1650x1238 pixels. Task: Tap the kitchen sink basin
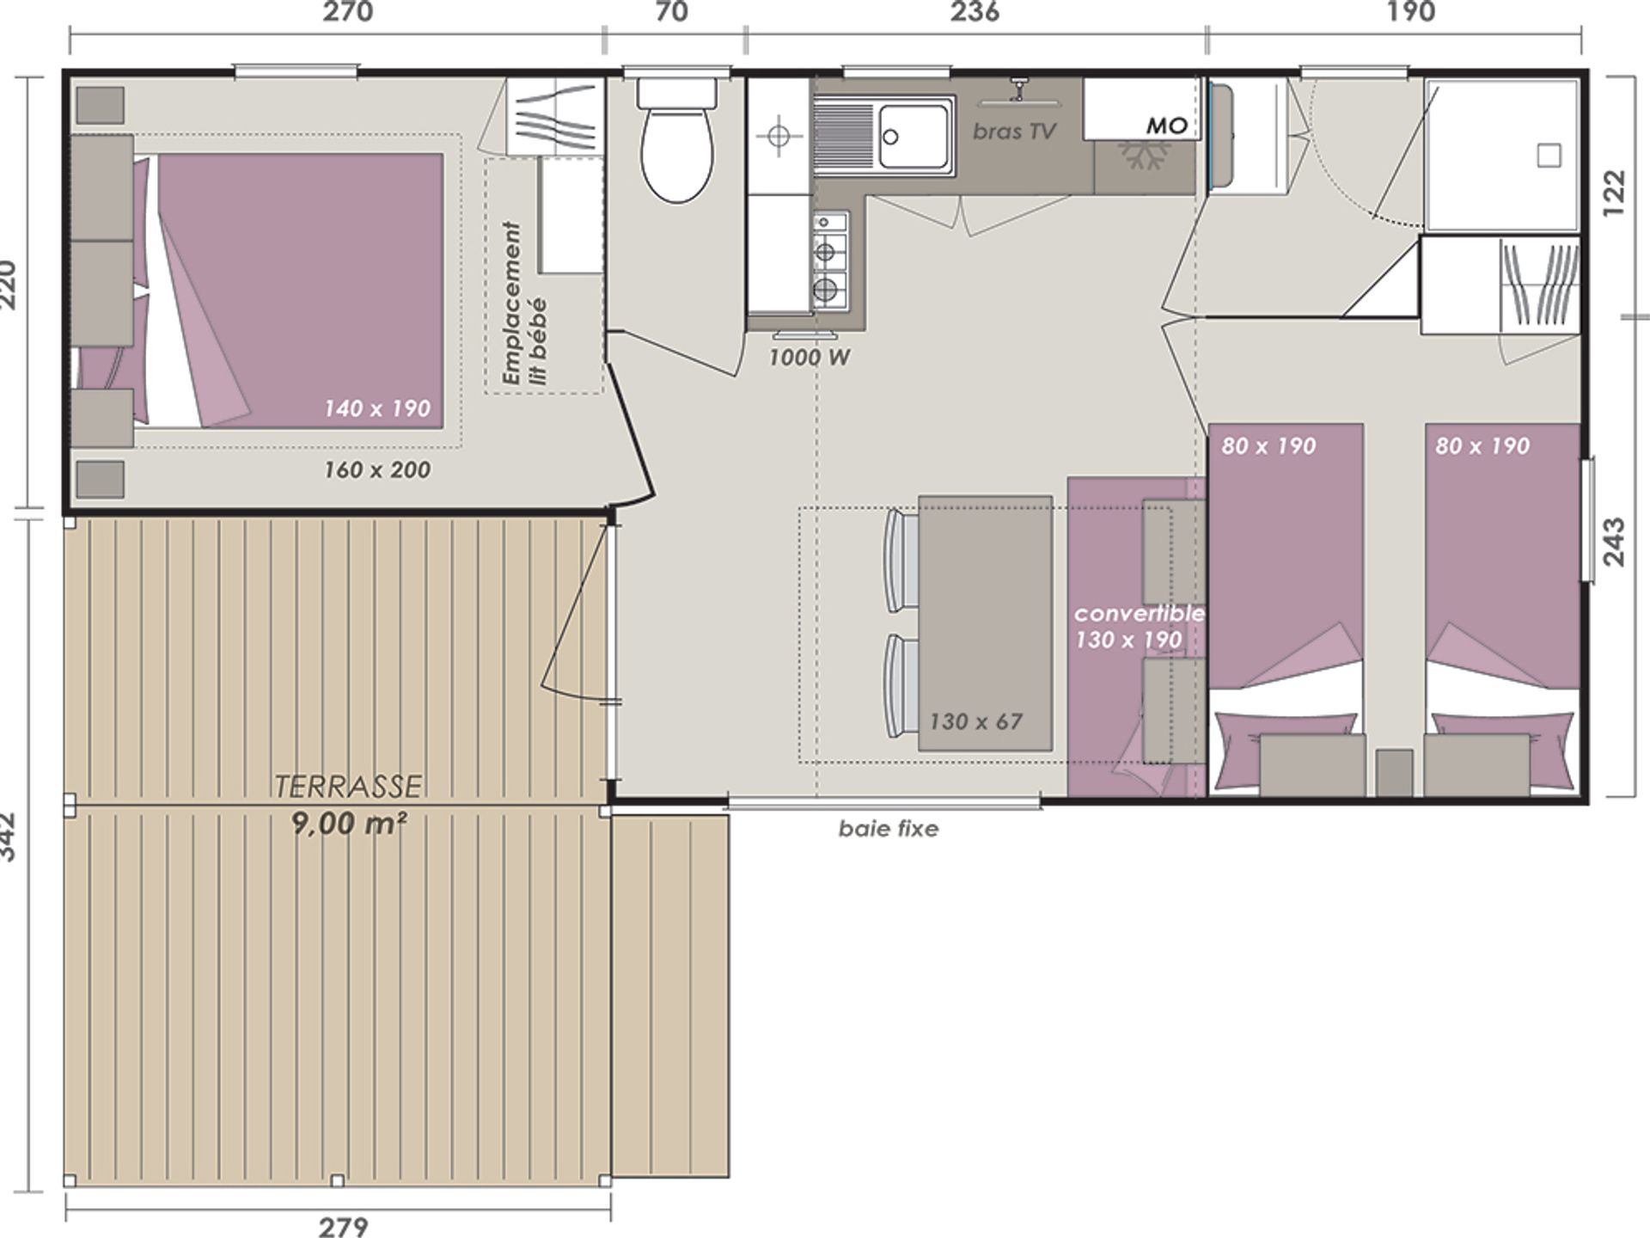coord(915,136)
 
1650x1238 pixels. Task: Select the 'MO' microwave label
coord(1166,126)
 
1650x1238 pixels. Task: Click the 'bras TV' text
coord(1014,132)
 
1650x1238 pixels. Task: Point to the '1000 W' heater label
coord(809,358)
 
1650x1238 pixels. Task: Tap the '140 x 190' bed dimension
coord(377,408)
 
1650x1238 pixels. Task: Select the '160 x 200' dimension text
coord(377,470)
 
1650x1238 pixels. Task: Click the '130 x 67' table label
coord(976,721)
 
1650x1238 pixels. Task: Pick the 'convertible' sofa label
coord(1139,614)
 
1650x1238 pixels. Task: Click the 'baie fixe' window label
coord(889,829)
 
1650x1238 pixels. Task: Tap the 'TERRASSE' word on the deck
coord(347,786)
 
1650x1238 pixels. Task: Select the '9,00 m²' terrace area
coord(348,824)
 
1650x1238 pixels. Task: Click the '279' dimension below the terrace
coord(344,1227)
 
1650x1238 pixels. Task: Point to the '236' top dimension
coord(975,11)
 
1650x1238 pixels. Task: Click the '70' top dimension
coord(672,11)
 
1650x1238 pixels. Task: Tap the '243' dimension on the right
coord(1614,542)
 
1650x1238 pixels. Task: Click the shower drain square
coord(1549,156)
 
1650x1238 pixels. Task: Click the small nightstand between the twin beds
coord(1394,772)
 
